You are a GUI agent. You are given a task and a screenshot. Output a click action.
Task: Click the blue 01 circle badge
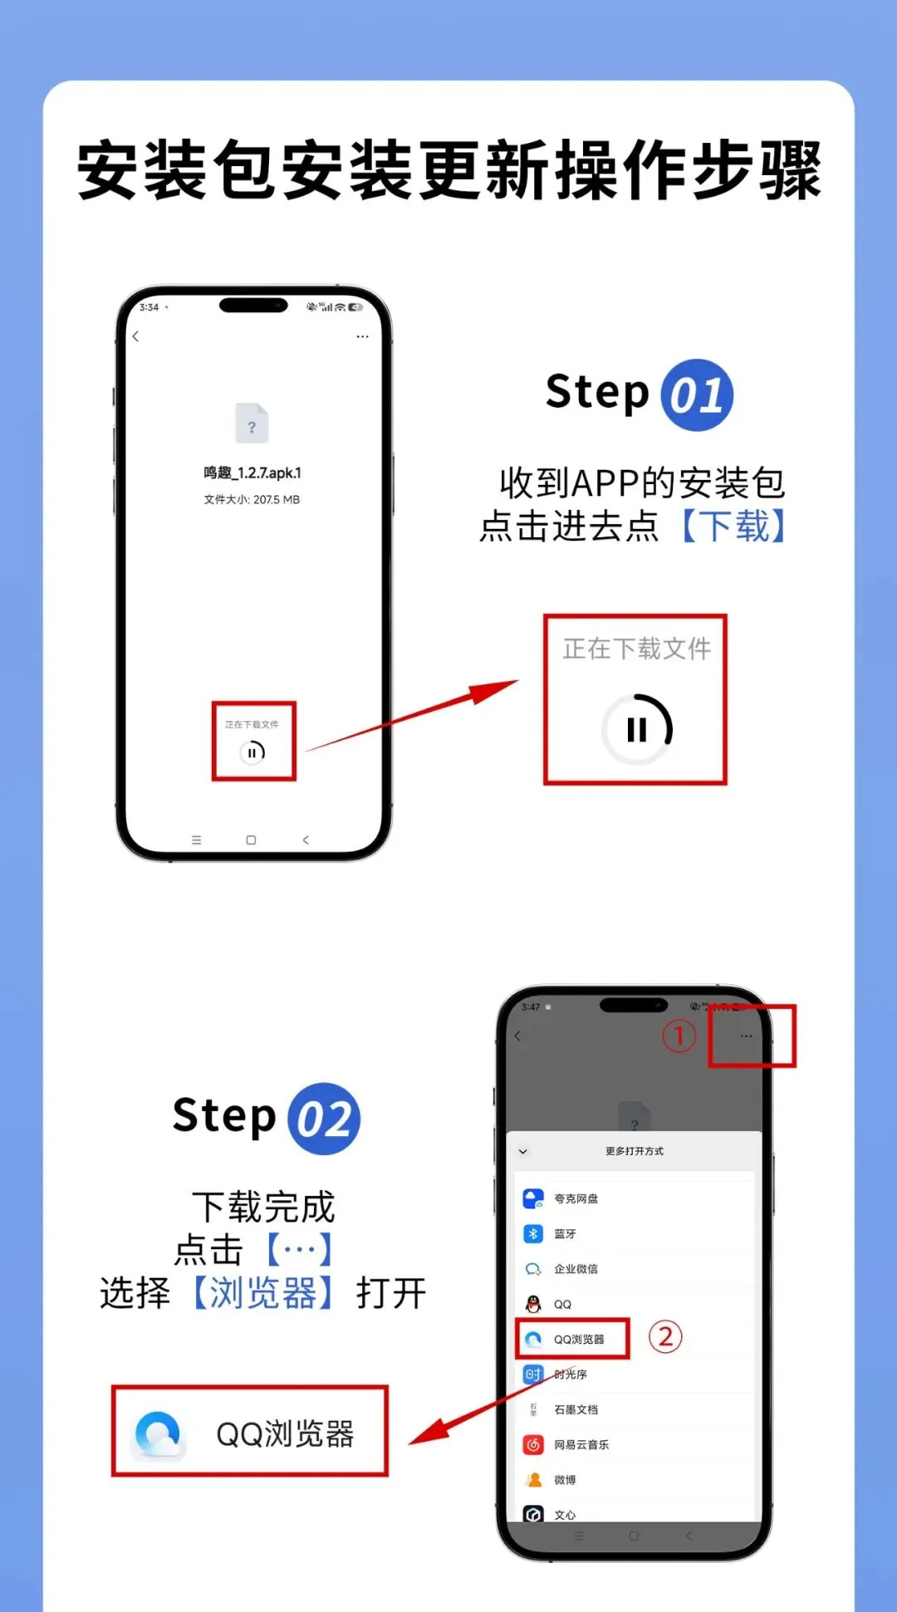pos(697,395)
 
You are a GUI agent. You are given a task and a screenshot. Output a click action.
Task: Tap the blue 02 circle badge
pos(324,1119)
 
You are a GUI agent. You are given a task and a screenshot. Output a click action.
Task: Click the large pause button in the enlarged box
pos(637,729)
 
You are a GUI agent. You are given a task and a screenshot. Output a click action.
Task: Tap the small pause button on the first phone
pos(252,752)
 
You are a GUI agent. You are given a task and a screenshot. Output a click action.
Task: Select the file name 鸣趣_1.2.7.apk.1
pos(252,473)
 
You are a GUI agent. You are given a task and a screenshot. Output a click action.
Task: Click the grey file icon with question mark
pos(252,424)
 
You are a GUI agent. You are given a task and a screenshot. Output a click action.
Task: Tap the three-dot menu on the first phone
pos(362,336)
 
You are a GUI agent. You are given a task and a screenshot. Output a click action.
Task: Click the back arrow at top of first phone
pos(136,336)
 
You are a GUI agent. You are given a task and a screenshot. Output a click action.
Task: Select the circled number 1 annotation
pos(679,1036)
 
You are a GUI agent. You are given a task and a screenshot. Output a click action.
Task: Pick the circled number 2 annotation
pos(665,1336)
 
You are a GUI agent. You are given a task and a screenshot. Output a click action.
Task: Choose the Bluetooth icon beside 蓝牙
pos(533,1233)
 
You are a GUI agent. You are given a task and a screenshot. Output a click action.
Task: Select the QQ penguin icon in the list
pos(533,1304)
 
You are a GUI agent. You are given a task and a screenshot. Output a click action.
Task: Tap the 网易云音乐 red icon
pos(533,1444)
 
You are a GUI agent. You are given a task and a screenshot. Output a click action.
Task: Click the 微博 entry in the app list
pos(550,1480)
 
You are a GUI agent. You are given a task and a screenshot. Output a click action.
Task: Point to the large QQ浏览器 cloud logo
pos(159,1434)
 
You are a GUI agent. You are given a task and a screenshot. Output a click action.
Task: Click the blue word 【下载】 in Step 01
pos(733,526)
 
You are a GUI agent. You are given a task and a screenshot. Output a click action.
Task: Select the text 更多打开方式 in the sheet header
pos(635,1151)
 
